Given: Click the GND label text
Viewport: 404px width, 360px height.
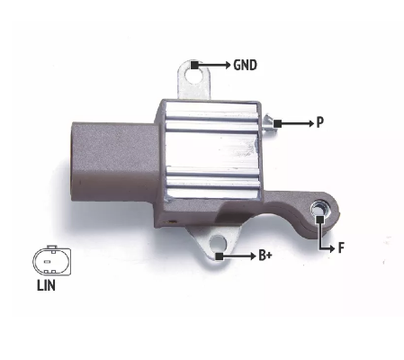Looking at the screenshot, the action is pos(245,65).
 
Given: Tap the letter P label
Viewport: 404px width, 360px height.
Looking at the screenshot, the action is pos(320,122).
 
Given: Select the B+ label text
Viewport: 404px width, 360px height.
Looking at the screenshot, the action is pos(265,256).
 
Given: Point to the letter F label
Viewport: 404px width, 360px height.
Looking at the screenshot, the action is pos(341,248).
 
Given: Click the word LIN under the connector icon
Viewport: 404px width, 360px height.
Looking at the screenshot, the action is pos(46,285).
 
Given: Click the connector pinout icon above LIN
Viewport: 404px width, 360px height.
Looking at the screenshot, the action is pos(52,261).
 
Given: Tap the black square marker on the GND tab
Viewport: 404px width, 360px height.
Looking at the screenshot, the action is pos(194,65).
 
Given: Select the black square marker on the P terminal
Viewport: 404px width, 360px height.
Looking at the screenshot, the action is pos(277,123).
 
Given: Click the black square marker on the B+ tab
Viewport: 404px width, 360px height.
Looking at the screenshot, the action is pos(220,256).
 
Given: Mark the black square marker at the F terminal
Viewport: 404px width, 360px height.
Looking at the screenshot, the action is pos(320,220).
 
